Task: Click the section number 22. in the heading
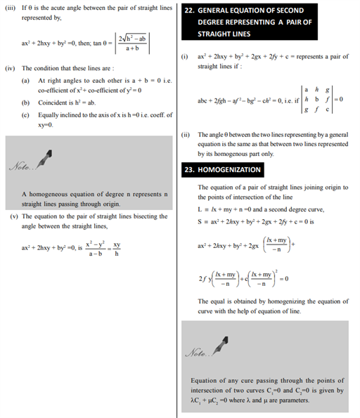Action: pyautogui.click(x=190, y=11)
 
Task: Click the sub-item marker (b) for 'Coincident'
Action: pyautogui.click(x=25, y=103)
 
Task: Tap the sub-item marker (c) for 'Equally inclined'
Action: pyautogui.click(x=25, y=115)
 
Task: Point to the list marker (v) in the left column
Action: pyautogui.click(x=11, y=216)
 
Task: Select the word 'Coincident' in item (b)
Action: pyautogui.click(x=54, y=103)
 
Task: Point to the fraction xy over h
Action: pyautogui.click(x=117, y=248)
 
